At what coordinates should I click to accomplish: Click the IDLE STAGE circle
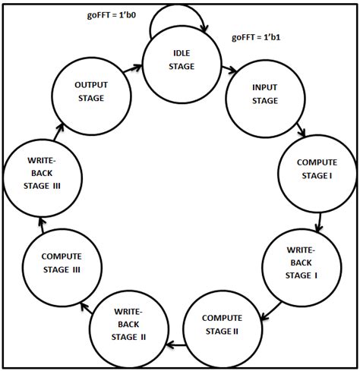181,60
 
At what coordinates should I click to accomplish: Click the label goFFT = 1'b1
257,38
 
